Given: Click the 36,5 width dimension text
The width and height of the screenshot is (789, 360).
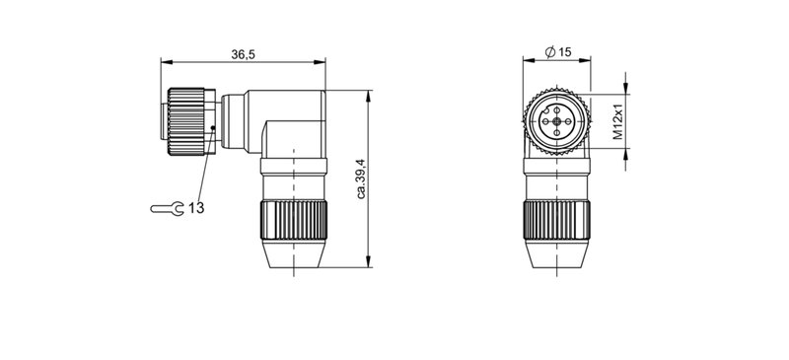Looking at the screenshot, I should click(x=244, y=55).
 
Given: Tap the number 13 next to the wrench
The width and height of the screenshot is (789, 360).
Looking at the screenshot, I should click(x=196, y=208).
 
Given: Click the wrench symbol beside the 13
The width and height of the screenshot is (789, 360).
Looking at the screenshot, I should click(x=166, y=208).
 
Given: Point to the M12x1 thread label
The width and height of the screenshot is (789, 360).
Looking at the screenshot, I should click(x=618, y=122).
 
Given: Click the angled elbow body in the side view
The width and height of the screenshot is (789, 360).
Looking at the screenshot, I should click(x=286, y=123).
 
